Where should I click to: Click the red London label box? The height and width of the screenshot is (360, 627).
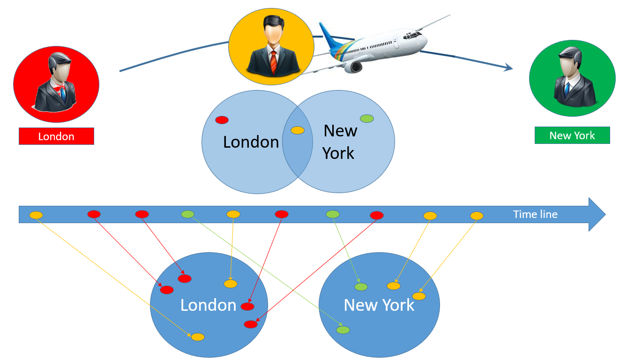point(56,136)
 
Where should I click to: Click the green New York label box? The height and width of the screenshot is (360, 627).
point(572,135)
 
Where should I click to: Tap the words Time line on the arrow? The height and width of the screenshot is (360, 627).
point(535,214)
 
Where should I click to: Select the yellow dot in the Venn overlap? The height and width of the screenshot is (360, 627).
point(297,130)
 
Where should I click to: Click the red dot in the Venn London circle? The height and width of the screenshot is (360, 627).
point(222,120)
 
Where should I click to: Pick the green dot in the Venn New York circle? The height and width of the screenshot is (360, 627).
point(366,119)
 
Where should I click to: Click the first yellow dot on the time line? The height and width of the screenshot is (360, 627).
point(36,215)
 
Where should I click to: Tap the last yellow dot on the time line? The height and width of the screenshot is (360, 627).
point(477,216)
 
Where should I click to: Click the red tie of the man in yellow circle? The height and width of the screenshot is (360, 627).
point(274,62)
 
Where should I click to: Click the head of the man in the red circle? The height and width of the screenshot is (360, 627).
point(60,65)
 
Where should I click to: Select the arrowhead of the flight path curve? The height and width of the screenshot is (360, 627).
point(508,67)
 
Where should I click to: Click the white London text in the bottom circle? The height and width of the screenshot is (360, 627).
point(208,305)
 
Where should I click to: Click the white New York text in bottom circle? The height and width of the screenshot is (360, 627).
point(379,305)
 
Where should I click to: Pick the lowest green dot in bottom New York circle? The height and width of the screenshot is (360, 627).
point(343,330)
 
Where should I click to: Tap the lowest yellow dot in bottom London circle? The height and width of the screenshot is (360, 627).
point(198,337)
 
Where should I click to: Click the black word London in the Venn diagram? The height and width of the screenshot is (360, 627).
point(251,142)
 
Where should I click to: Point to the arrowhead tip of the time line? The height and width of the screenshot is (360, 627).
point(605,214)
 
